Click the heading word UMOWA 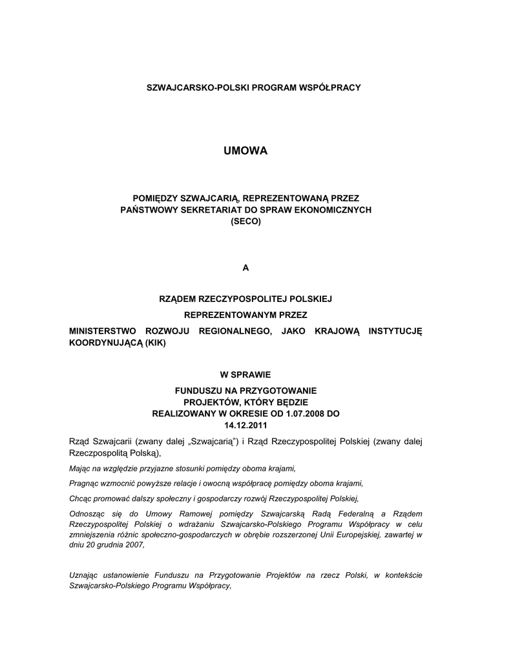tap(245, 151)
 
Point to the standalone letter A tap(245, 268)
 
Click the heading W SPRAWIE tap(245, 374)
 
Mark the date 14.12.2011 tap(245, 425)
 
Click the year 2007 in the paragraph tap(135, 545)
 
